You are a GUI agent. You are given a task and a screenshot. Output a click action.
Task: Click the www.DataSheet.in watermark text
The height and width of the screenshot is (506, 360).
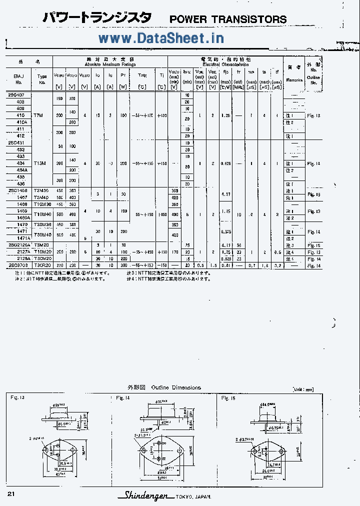coord(161,37)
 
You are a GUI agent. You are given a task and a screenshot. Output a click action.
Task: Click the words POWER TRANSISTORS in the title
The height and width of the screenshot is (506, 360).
coord(228,19)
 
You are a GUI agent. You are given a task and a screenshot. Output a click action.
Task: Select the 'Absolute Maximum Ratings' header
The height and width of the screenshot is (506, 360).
coord(110,64)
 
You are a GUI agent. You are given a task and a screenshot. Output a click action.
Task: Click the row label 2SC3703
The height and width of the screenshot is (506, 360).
coord(18,265)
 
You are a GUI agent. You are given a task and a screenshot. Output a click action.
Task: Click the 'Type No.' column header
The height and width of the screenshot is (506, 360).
coord(42,79)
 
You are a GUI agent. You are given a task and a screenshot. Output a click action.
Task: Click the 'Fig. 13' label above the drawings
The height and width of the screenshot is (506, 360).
coord(17,397)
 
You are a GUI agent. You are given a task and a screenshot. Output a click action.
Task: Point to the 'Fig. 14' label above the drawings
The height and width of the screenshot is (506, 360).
coord(123,398)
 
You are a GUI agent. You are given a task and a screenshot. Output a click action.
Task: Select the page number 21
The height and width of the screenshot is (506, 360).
coord(11,494)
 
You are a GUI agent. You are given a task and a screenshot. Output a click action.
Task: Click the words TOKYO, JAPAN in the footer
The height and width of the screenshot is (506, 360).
coord(193,496)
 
